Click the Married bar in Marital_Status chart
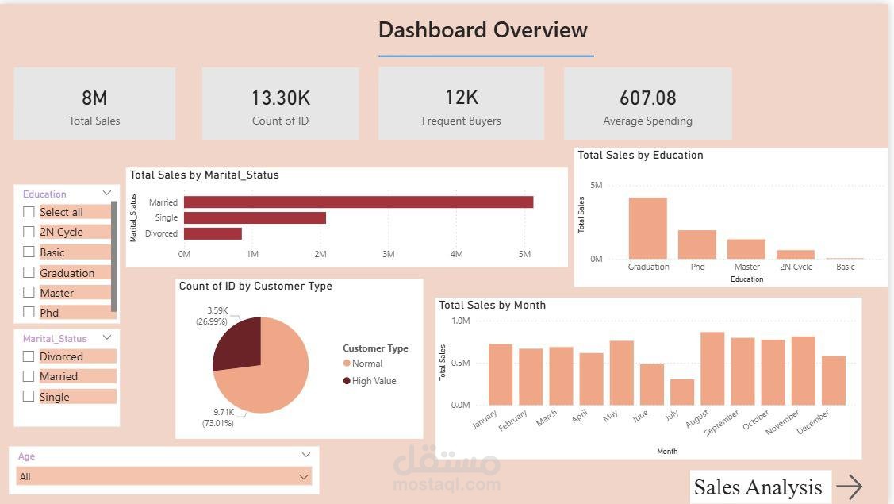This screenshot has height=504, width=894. pyautogui.click(x=358, y=202)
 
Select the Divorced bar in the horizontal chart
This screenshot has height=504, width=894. pyautogui.click(x=213, y=233)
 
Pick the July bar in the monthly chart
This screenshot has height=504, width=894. pyautogui.click(x=681, y=392)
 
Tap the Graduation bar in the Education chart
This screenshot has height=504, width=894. pyautogui.click(x=647, y=229)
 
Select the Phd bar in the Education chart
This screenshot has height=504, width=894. pyautogui.click(x=696, y=244)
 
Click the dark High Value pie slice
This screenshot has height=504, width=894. pyautogui.click(x=238, y=342)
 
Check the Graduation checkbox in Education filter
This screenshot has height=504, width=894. pyautogui.click(x=29, y=273)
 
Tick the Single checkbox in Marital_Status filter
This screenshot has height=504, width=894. pyautogui.click(x=29, y=397)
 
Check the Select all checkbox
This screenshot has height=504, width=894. pyautogui.click(x=29, y=212)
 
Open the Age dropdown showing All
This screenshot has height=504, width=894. pyautogui.click(x=163, y=477)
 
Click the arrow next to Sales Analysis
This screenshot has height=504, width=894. pyautogui.click(x=849, y=487)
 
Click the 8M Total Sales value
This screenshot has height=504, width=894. pyautogui.click(x=94, y=98)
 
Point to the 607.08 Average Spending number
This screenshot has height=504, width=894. pyautogui.click(x=647, y=98)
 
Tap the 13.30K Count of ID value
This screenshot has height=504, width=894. pyautogui.click(x=280, y=98)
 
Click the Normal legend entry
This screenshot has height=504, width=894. pyautogui.click(x=366, y=364)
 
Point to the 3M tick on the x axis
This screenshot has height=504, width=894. pyautogui.click(x=388, y=255)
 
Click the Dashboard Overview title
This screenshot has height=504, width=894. pyautogui.click(x=482, y=30)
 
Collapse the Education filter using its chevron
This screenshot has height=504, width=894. pyautogui.click(x=107, y=194)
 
